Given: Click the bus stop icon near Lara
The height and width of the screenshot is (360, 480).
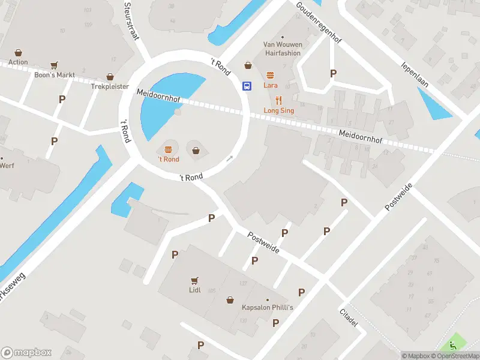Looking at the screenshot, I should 246,86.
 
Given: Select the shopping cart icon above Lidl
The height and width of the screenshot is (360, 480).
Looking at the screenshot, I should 194,280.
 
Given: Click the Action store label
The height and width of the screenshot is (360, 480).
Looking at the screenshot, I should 18,62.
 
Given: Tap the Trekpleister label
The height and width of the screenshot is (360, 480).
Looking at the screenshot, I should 110,86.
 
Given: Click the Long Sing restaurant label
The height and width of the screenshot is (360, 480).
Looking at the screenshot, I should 279,110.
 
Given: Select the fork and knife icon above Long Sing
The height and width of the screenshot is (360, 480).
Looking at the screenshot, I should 278,100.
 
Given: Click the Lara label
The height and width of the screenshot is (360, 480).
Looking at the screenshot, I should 270,85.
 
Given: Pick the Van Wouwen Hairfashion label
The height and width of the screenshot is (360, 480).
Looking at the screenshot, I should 282,48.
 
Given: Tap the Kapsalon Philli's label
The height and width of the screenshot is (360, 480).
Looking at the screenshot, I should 268,308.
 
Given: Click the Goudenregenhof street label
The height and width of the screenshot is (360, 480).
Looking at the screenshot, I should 319,23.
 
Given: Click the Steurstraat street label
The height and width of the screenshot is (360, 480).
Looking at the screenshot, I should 131,20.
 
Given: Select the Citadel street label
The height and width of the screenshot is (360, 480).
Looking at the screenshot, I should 349,318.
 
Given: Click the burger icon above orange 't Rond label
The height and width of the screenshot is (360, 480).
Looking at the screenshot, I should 168,149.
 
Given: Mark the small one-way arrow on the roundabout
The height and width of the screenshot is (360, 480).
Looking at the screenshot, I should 229,159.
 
